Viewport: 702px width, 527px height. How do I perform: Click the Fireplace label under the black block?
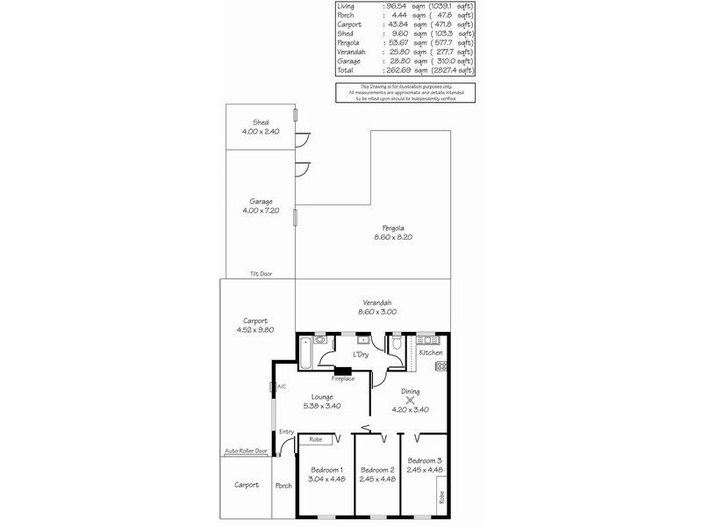tap(343, 379)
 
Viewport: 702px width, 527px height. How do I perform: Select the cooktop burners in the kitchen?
tap(442, 365)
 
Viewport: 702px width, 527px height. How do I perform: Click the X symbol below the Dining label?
tap(410, 401)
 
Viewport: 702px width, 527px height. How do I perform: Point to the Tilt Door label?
tap(261, 274)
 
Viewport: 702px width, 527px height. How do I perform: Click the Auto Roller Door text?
tap(245, 452)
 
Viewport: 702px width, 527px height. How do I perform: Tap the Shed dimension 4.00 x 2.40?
tap(261, 132)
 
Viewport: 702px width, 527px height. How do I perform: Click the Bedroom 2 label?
tap(378, 469)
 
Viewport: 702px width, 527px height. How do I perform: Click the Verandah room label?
tap(374, 302)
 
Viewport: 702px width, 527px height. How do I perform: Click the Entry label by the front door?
tap(286, 431)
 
